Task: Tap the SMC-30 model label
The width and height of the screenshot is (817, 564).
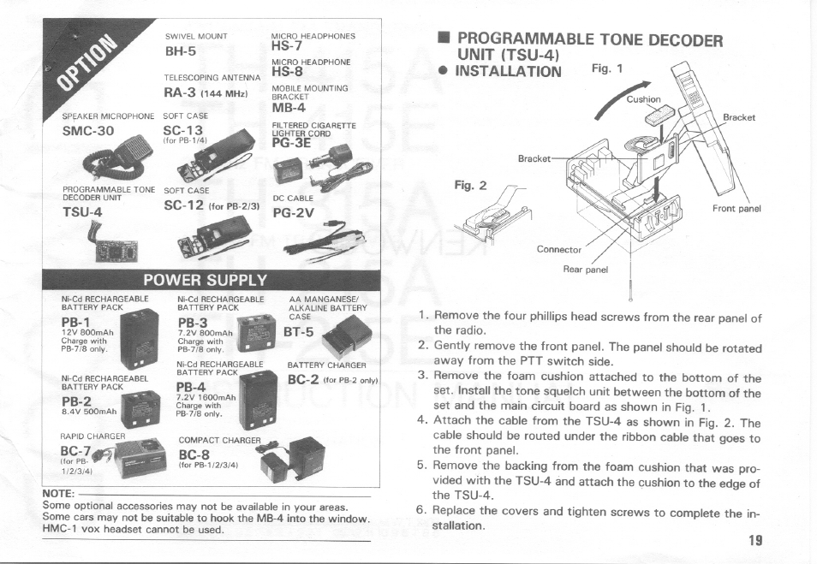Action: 87,131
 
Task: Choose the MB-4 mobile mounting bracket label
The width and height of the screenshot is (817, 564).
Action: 288,108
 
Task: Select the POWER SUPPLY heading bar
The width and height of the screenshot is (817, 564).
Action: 206,280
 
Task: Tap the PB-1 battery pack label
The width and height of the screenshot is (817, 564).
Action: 76,321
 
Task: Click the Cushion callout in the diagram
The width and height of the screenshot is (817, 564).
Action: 644,99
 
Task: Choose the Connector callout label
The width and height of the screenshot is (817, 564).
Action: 558,250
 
